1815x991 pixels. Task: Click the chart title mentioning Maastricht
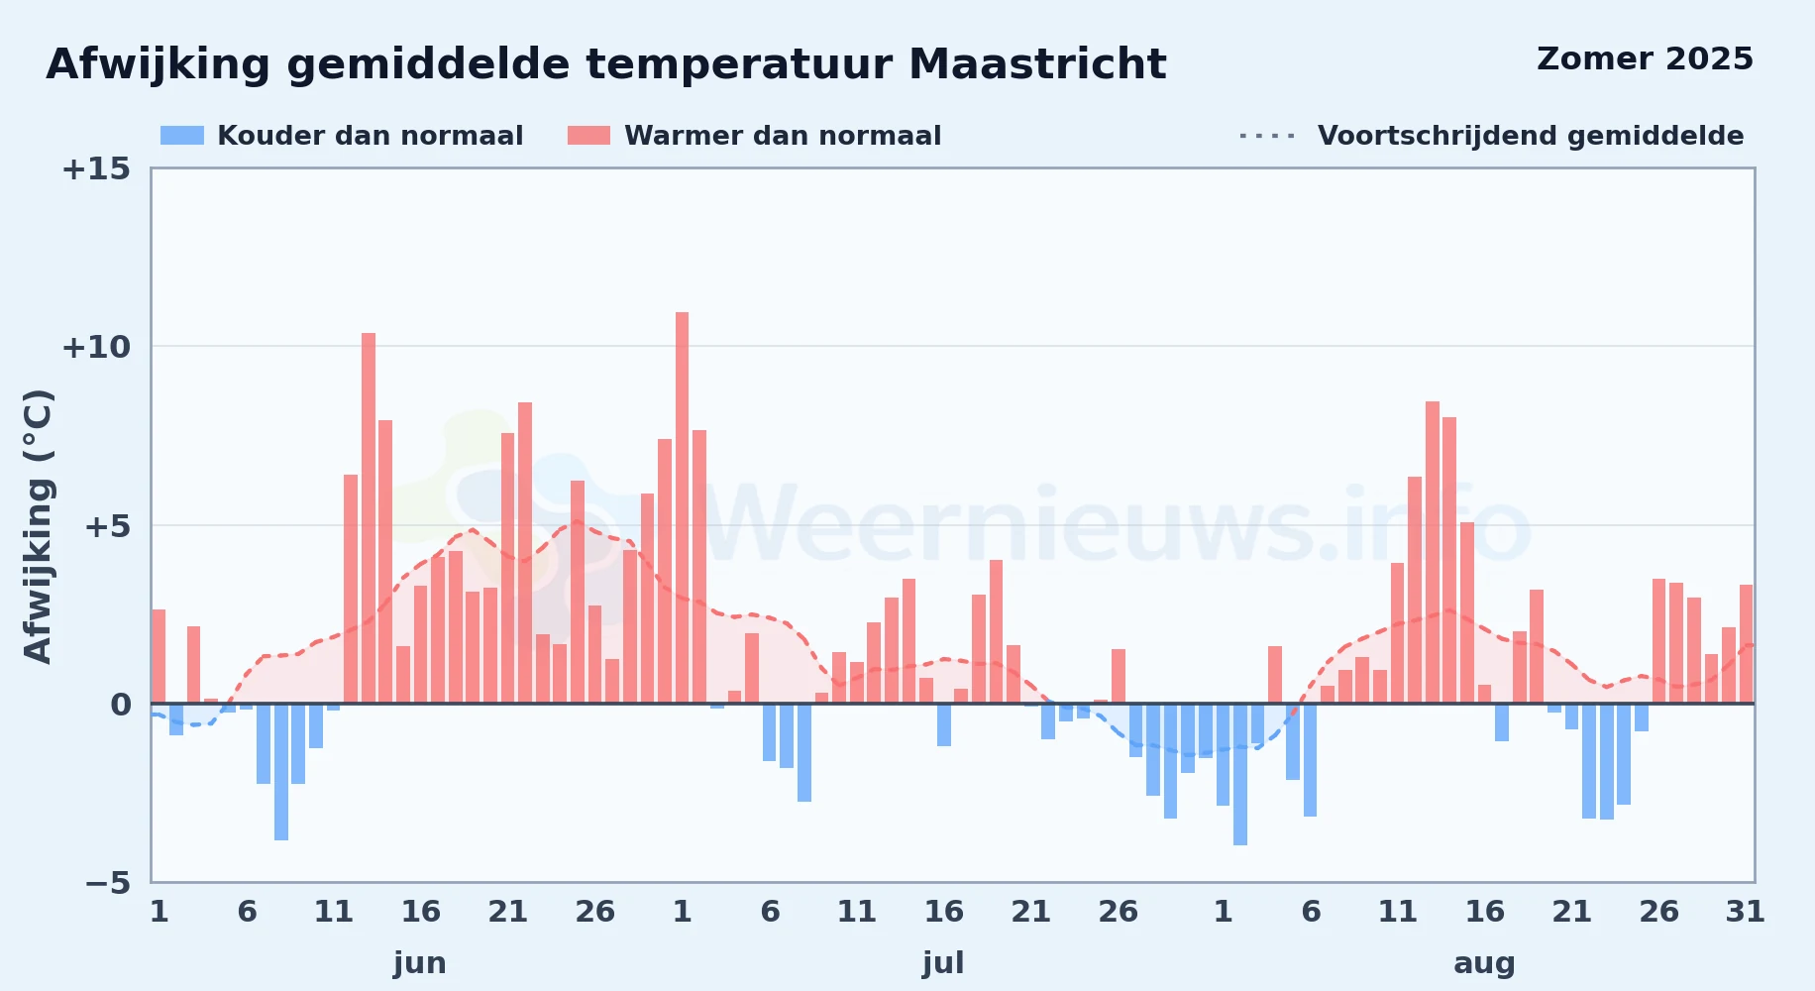605,65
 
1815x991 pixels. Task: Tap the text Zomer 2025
1645,59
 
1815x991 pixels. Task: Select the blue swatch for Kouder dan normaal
182,136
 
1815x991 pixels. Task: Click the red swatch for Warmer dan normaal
588,136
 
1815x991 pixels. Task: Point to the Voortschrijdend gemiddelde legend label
1531,136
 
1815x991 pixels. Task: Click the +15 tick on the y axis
96,169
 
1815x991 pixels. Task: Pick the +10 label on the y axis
96,348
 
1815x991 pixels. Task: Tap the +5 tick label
107,526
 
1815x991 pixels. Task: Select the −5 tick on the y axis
107,883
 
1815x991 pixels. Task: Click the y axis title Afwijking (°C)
39,525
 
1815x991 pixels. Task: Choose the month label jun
420,963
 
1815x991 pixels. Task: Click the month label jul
943,963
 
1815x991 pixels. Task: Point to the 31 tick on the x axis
1746,912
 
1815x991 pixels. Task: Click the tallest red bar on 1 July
682,507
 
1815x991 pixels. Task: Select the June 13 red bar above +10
369,518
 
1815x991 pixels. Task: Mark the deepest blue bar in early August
1240,774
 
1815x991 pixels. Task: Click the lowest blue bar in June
281,772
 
